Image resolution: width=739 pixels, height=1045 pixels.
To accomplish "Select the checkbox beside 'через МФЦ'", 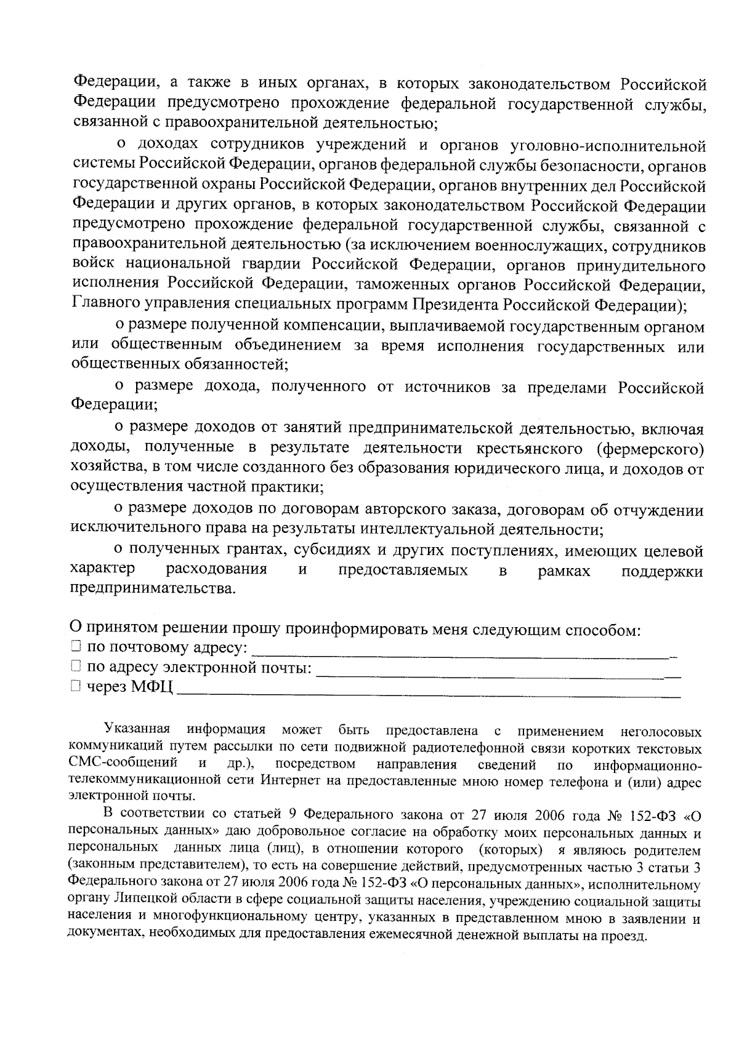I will tap(75, 686).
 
